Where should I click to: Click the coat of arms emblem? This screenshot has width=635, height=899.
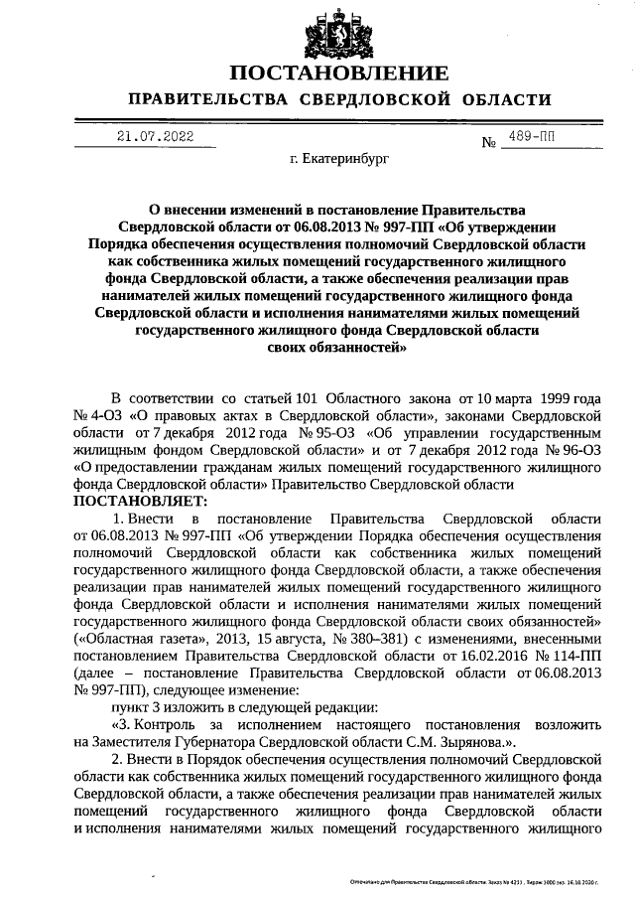(x=338, y=33)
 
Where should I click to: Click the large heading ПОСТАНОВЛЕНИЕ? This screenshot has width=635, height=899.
(x=338, y=75)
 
